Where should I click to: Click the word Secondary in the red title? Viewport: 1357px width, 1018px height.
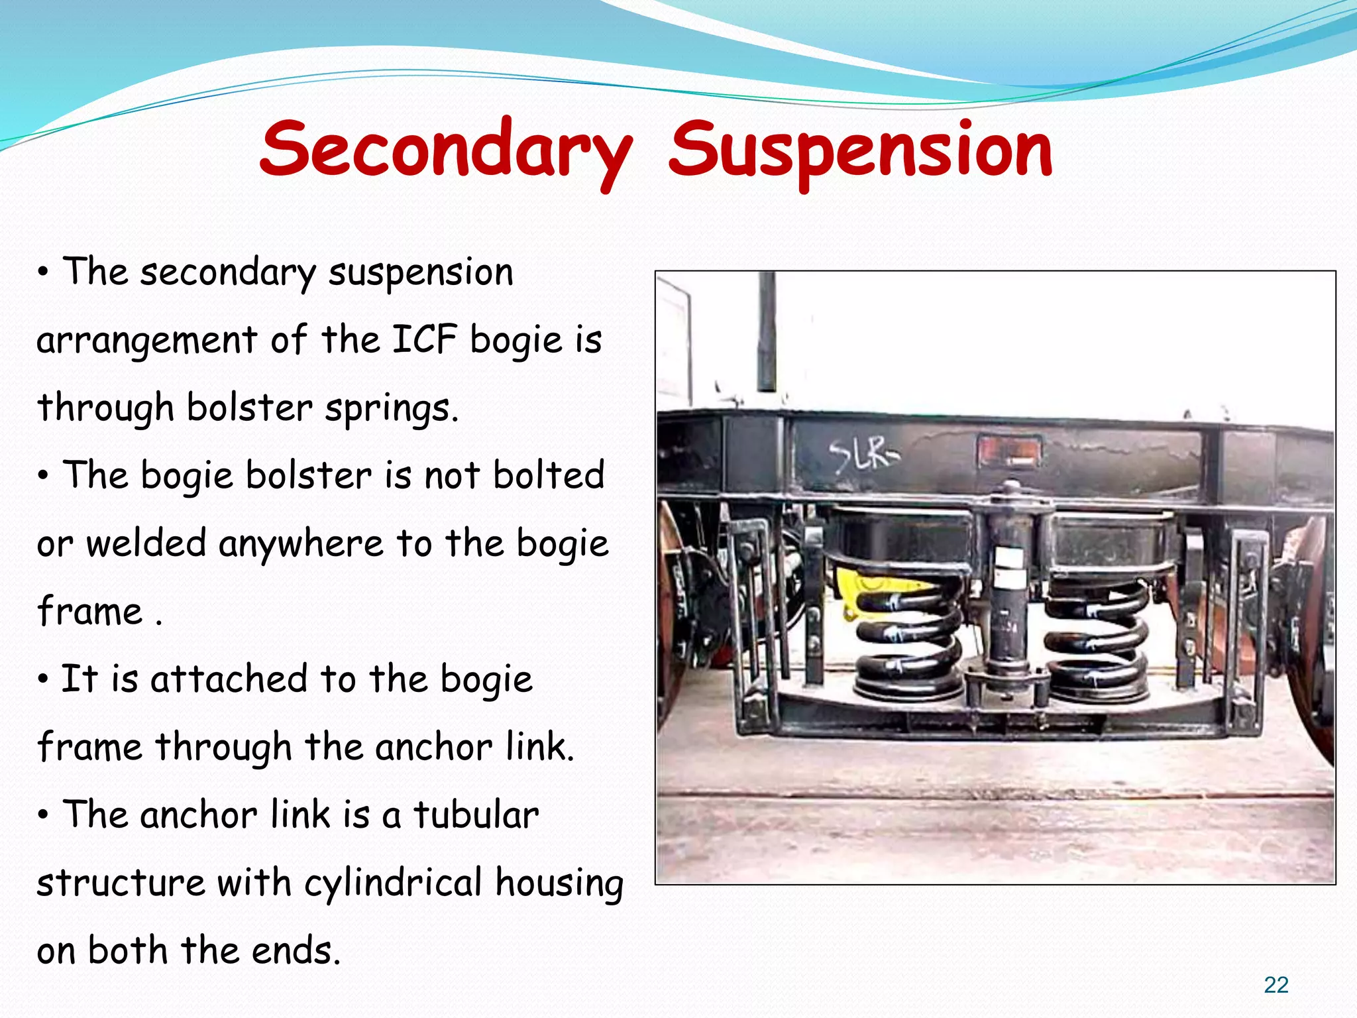pyautogui.click(x=445, y=151)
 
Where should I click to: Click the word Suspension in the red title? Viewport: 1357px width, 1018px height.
pyautogui.click(x=860, y=151)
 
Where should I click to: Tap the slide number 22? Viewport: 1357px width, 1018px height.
pyautogui.click(x=1276, y=985)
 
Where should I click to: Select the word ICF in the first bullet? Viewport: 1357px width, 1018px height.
pyautogui.click(x=424, y=340)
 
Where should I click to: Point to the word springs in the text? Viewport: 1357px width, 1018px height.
pyautogui.click(x=391, y=408)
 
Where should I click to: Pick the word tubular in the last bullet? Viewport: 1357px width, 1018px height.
pyautogui.click(x=476, y=815)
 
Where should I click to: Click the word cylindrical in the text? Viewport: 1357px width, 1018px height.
pyautogui.click(x=393, y=883)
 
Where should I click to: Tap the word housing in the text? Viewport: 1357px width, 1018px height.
pyautogui.click(x=559, y=883)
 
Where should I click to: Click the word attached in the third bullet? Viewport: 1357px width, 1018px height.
pyautogui.click(x=229, y=679)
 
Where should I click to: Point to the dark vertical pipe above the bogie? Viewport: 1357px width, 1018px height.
pyautogui.click(x=767, y=331)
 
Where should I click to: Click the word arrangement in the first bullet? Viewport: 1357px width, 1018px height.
pyautogui.click(x=146, y=341)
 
